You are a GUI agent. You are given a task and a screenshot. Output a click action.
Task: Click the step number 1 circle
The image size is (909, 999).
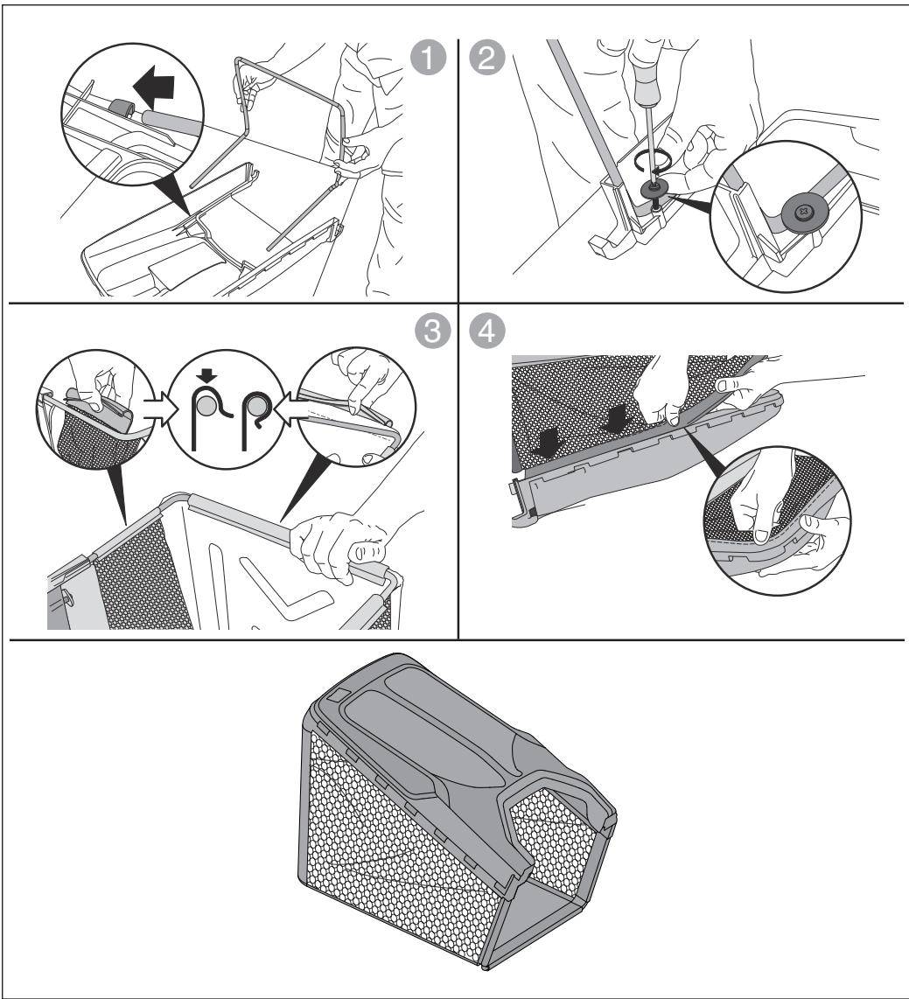click(x=427, y=58)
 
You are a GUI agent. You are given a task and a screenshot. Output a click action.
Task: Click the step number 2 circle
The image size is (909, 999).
click(x=486, y=58)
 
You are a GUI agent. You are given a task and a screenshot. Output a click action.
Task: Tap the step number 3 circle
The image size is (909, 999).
click(x=432, y=332)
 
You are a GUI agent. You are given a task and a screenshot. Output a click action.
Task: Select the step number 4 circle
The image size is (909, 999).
click(x=487, y=332)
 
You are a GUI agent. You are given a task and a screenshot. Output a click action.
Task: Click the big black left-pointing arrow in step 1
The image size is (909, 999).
click(x=153, y=88)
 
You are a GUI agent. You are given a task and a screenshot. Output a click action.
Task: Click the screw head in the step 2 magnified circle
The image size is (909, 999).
click(x=805, y=211)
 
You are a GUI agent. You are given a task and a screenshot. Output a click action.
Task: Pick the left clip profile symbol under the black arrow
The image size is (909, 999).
click(x=209, y=418)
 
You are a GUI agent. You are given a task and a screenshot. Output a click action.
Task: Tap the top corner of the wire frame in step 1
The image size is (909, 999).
click(x=238, y=59)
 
